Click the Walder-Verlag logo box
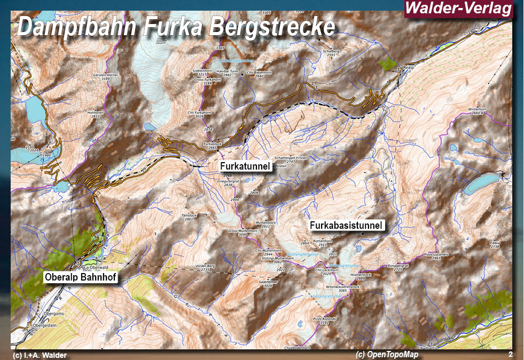pyautogui.click(x=458, y=9)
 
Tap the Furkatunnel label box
pyautogui.click(x=246, y=166)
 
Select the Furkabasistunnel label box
pyautogui.click(x=346, y=226)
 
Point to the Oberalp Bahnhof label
pyautogui.click(x=81, y=277)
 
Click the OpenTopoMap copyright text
pyautogui.click(x=387, y=355)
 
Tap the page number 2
pyautogui.click(x=511, y=354)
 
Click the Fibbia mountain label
pyautogui.click(x=495, y=243)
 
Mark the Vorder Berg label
pyautogui.click(x=205, y=266)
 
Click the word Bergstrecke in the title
pyautogui.click(x=272, y=27)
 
